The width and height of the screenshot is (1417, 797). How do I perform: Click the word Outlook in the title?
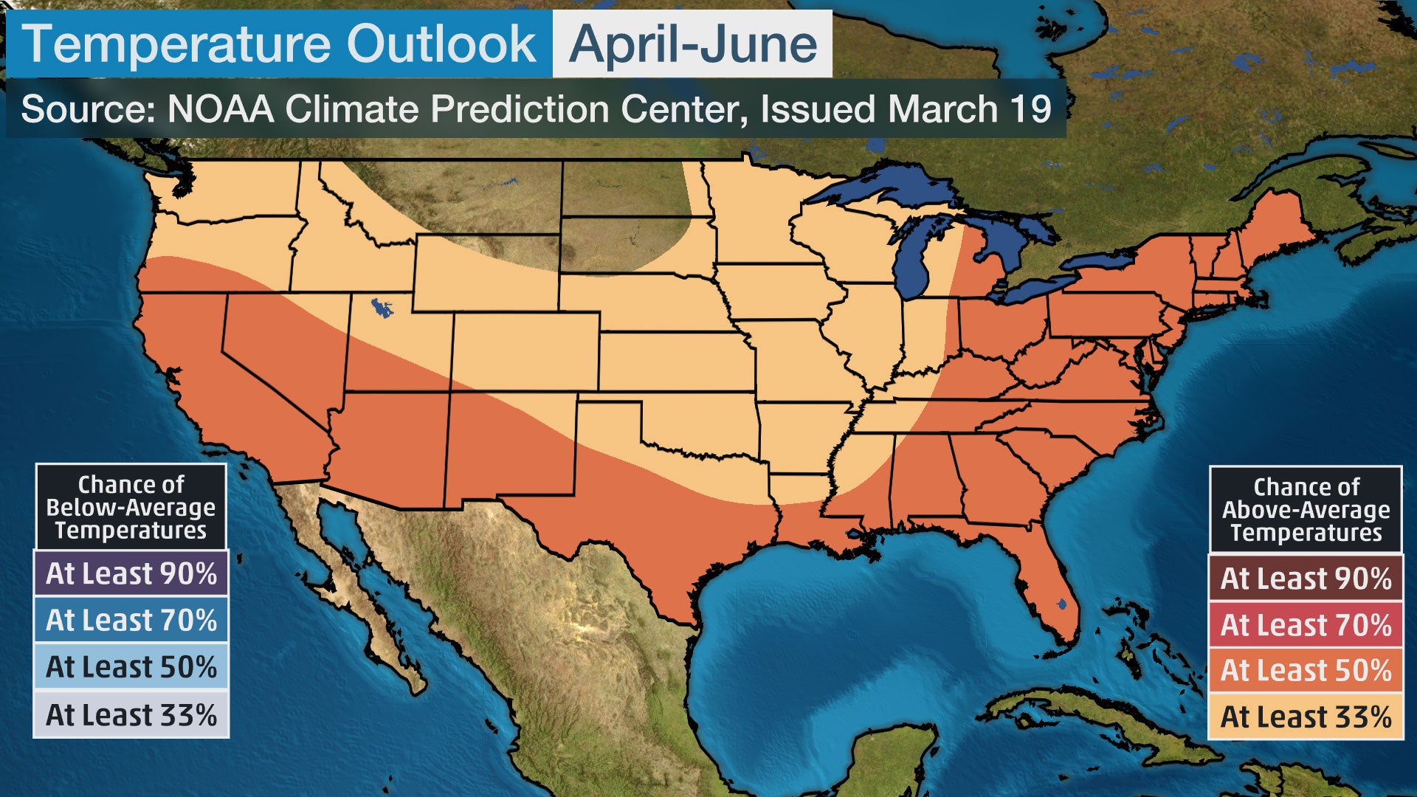point(441,44)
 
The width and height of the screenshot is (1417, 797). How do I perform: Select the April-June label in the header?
point(692,44)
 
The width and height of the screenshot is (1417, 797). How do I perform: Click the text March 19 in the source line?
point(969,109)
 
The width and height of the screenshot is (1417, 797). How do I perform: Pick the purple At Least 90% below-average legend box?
point(131,573)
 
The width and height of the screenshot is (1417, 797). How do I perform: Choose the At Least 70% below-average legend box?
point(131,620)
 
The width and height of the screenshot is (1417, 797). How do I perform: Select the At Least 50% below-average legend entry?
point(131,666)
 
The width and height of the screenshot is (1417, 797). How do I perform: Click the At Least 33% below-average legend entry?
point(131,714)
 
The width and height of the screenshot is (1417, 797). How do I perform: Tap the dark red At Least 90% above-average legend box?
point(1305,578)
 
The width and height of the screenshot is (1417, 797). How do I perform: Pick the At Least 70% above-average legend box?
point(1305,624)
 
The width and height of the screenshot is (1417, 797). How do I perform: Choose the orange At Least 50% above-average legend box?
point(1305,670)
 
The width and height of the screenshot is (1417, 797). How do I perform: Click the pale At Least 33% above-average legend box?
point(1305,716)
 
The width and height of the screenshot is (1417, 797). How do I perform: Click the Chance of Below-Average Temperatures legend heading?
point(131,507)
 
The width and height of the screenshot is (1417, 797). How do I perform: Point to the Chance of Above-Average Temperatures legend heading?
point(1305,509)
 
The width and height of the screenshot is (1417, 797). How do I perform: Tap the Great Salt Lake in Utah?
point(382,307)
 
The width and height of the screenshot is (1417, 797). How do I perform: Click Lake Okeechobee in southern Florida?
point(1061,604)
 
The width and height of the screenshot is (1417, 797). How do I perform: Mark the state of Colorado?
point(525,351)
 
